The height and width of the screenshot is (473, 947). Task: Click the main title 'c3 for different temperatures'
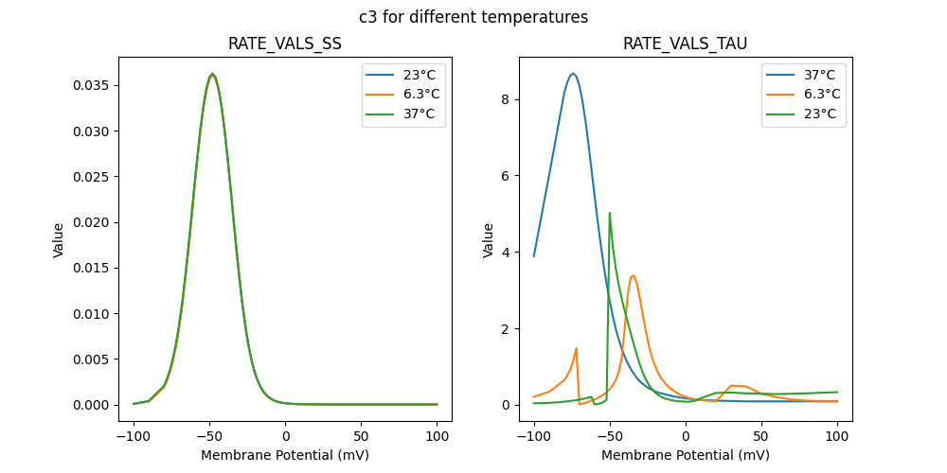[x=473, y=17]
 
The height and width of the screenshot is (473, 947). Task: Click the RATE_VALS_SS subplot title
[x=285, y=44]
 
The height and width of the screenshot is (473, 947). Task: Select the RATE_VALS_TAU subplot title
[x=685, y=44]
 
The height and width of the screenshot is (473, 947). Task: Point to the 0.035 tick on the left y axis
[x=95, y=86]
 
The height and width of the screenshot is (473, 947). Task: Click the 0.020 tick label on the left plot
[x=95, y=222]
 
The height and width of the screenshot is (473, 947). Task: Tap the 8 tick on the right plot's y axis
[x=506, y=99]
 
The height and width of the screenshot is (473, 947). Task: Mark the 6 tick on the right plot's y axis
[x=506, y=176]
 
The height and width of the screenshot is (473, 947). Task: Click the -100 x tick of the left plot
[x=134, y=437]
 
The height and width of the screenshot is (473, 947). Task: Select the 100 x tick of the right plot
[x=837, y=437]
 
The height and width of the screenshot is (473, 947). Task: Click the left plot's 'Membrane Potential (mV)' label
[x=285, y=455]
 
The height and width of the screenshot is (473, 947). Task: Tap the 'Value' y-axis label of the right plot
[x=489, y=240]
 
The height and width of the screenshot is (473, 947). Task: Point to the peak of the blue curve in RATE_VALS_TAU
[x=572, y=73]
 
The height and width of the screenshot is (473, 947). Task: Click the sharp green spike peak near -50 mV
[x=609, y=213]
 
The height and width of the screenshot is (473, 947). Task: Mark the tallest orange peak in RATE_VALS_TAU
[x=633, y=276]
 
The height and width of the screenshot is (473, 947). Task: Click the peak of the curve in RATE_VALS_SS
[x=212, y=74]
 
